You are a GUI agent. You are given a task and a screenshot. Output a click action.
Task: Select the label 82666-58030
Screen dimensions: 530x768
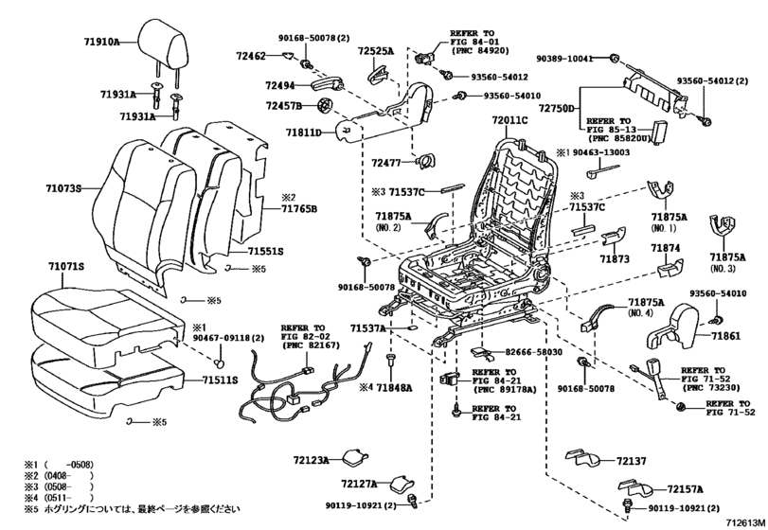pos(544,351)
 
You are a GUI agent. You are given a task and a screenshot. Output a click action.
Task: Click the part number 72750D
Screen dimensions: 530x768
pos(560,110)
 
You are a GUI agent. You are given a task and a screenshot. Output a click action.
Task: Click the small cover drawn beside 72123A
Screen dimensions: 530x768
pos(358,458)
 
